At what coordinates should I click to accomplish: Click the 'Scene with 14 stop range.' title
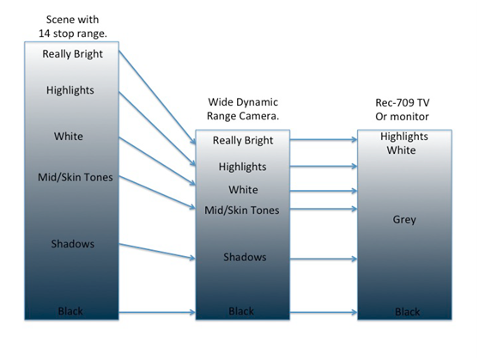pyautogui.click(x=73, y=27)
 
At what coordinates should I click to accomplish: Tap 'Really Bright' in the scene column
pyautogui.click(x=72, y=54)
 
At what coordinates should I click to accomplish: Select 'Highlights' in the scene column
pyautogui.click(x=70, y=90)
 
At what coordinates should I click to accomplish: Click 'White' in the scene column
pyautogui.click(x=69, y=136)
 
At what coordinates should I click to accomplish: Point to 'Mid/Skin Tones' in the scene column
pyautogui.click(x=76, y=177)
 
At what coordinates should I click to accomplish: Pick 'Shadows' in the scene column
pyautogui.click(x=73, y=244)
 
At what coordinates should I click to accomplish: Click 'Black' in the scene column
pyautogui.click(x=70, y=311)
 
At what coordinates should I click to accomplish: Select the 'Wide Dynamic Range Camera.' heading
pyautogui.click(x=243, y=109)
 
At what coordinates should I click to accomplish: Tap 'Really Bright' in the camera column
pyautogui.click(x=243, y=140)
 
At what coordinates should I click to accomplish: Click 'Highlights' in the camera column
pyautogui.click(x=243, y=167)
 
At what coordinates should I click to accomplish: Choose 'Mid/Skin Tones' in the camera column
pyautogui.click(x=241, y=211)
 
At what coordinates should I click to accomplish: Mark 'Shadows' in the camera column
pyautogui.click(x=245, y=257)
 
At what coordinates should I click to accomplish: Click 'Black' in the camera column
pyautogui.click(x=241, y=311)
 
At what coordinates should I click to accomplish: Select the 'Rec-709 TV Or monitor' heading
pyautogui.click(x=403, y=109)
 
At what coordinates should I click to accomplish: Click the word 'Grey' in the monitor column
pyautogui.click(x=404, y=220)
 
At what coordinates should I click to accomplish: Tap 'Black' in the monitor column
pyautogui.click(x=408, y=312)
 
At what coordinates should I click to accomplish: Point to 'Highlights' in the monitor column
pyautogui.click(x=404, y=137)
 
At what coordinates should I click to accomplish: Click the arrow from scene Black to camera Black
pyautogui.click(x=157, y=312)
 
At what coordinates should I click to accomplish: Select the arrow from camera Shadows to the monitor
pyautogui.click(x=324, y=259)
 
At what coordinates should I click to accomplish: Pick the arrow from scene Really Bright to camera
pyautogui.click(x=157, y=97)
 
